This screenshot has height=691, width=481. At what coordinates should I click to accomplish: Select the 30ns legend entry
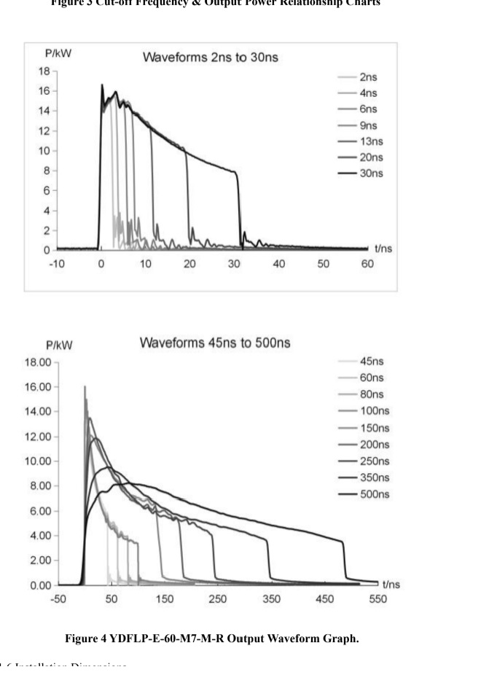[x=371, y=173]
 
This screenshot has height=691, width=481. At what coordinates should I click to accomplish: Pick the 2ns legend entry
[x=368, y=77]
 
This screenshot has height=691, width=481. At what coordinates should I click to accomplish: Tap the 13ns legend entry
[x=371, y=141]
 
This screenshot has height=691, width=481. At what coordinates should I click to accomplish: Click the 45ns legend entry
[x=372, y=361]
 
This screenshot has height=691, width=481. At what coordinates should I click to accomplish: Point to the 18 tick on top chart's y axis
[x=44, y=71]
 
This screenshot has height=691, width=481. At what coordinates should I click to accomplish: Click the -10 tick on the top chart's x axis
[x=57, y=263]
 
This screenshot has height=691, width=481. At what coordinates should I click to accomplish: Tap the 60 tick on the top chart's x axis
[x=367, y=263]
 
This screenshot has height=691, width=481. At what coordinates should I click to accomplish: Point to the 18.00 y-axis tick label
[x=38, y=362]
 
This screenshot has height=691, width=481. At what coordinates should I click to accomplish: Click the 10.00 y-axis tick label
[x=38, y=461]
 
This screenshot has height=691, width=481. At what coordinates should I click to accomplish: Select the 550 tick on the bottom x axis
[x=378, y=599]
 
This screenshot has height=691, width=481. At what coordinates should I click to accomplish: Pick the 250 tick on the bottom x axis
[x=217, y=599]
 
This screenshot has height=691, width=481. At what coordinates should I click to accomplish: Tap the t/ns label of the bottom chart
[x=391, y=585]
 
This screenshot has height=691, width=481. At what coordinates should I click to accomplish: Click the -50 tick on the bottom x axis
[x=58, y=599]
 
